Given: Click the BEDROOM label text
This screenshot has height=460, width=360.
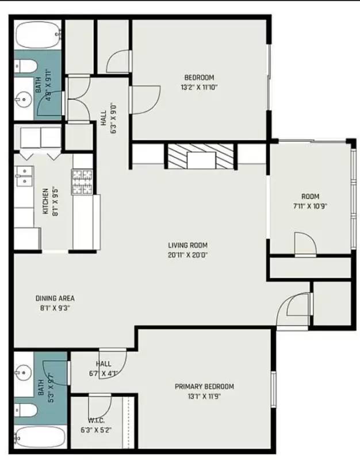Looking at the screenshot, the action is coord(199,78).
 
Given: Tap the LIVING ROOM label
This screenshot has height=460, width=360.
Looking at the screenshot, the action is coord(188,245).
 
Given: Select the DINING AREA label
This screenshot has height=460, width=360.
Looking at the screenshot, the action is coord(55,298).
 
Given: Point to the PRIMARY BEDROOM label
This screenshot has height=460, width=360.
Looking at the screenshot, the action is coord(205,386).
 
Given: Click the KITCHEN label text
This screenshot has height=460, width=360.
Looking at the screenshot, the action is coord(45,201).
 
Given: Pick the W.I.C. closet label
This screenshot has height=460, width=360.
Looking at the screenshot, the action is coord(96,420).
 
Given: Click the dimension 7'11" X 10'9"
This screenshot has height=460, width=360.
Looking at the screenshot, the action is coord(310,206).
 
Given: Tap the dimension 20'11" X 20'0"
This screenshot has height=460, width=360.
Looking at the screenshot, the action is coord(188,255).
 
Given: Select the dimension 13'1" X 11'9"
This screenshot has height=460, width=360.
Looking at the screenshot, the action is coord(204,397).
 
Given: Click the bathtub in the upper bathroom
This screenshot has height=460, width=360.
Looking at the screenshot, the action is coord(38,36).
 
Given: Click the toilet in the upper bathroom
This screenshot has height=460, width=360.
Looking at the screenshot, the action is coord(25,66).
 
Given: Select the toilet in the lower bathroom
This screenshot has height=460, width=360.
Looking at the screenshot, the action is coord(26,410).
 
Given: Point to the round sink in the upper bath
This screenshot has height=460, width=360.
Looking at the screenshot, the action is coord(24,99).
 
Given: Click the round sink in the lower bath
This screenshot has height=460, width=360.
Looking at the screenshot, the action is coord(23,373).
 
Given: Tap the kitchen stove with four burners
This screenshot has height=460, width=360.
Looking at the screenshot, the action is coord(82,182).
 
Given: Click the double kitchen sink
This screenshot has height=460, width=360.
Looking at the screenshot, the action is coord(24,177).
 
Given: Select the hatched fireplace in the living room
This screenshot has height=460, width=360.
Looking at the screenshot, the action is coord(201,156).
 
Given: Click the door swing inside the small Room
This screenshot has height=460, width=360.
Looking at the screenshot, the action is coord(305,243).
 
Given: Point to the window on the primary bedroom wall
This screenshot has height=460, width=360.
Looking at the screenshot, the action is coord(273,389).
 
